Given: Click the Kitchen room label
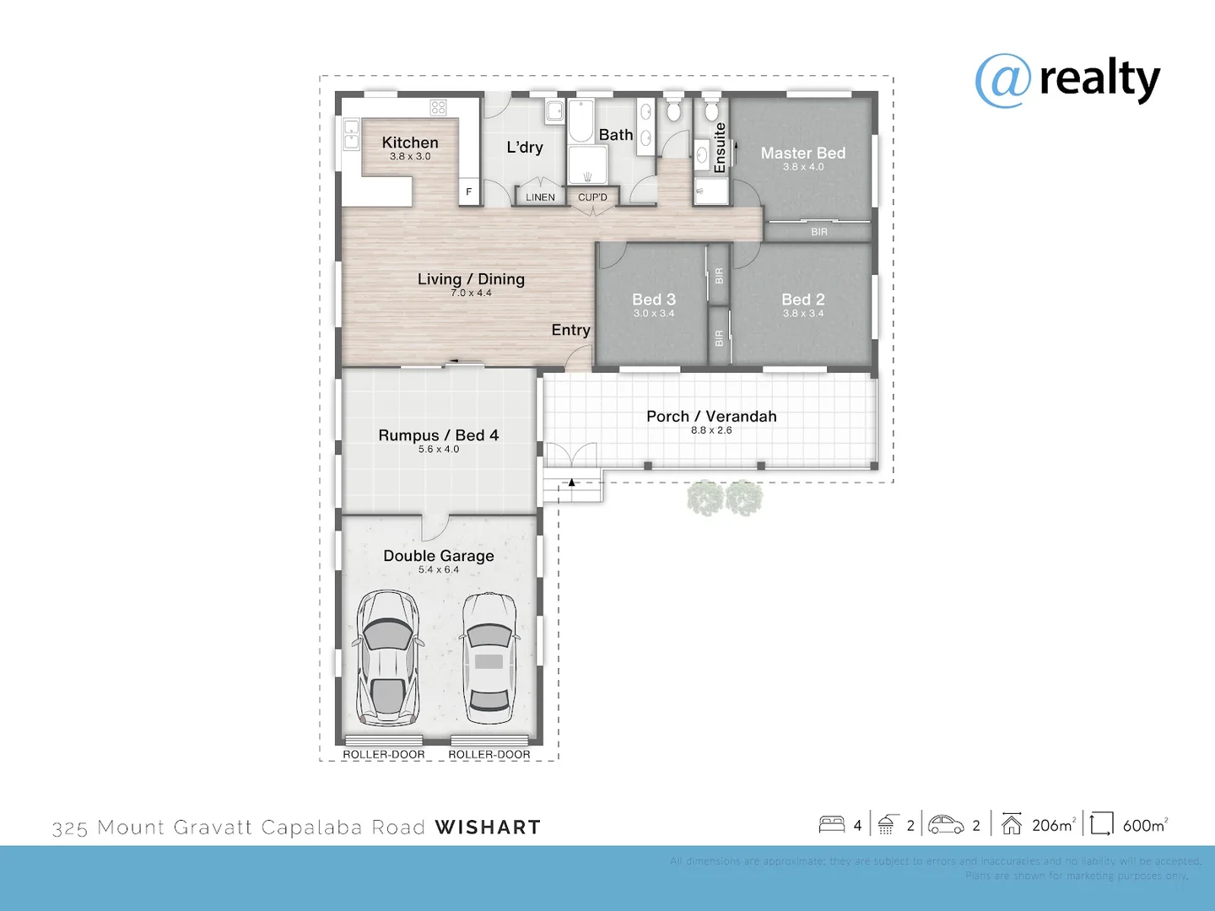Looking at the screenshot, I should [x=410, y=143].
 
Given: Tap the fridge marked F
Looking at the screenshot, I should [x=469, y=191].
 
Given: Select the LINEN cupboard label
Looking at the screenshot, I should [x=540, y=197].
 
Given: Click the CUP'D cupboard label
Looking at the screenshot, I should [x=592, y=197].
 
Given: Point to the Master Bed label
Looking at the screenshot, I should [x=802, y=153].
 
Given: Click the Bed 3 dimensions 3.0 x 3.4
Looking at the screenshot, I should [x=654, y=314].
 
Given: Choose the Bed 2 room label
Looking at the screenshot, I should [x=802, y=299].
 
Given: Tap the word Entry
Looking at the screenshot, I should [x=570, y=330].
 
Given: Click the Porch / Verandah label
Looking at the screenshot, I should [x=711, y=416].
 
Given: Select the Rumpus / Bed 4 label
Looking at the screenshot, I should [x=438, y=435].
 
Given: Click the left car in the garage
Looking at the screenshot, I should [x=387, y=658].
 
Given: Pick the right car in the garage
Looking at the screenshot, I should [x=489, y=658].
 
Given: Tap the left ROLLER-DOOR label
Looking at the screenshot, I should [x=384, y=754].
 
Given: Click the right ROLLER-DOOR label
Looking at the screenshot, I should [x=489, y=754].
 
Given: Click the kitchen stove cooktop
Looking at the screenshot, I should [x=438, y=107].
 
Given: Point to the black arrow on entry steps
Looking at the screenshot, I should [x=571, y=482].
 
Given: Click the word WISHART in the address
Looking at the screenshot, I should [x=488, y=827].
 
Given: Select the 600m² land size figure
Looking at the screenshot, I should [x=1145, y=825].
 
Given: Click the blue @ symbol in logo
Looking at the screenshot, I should [x=1002, y=81].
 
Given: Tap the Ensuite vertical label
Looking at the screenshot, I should [x=720, y=148].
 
